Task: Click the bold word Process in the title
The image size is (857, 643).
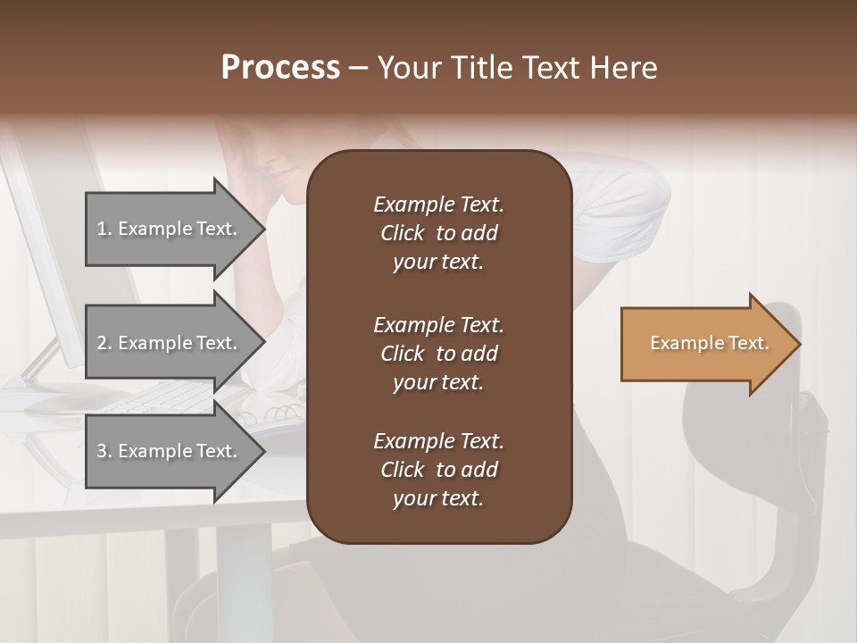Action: coord(280,68)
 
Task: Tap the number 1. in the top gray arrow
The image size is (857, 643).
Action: coord(104,229)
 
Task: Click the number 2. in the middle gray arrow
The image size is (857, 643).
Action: coord(104,343)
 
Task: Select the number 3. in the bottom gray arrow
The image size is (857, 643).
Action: coord(104,451)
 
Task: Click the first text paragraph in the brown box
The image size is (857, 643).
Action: coord(438,233)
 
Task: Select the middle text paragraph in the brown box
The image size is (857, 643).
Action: coord(438,353)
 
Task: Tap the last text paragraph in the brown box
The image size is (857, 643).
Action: coord(438,470)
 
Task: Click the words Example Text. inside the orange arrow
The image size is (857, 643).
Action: coord(709,343)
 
